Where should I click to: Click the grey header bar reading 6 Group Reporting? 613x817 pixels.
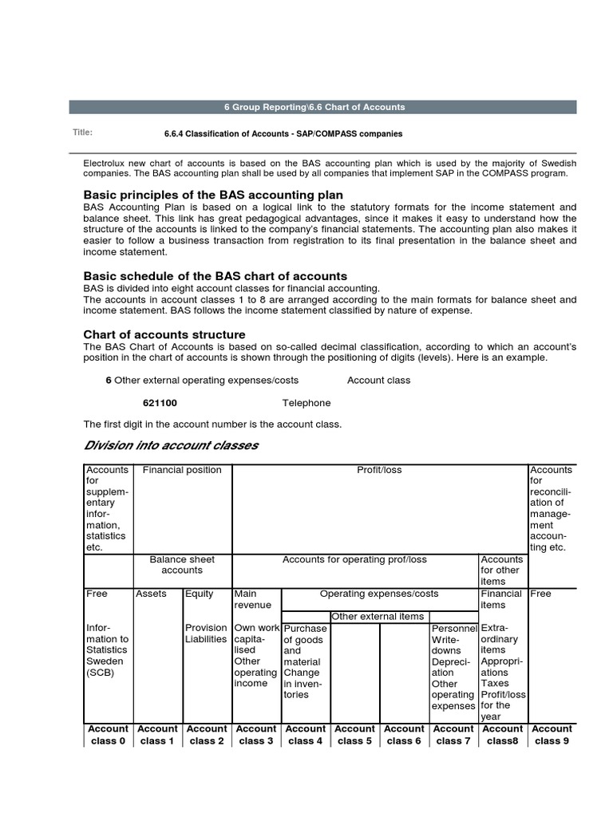coord(322,107)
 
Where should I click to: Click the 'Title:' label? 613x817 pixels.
coord(82,132)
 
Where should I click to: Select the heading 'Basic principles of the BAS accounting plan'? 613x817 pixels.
coord(213,195)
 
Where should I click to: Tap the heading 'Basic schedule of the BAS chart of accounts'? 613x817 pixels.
coord(216,276)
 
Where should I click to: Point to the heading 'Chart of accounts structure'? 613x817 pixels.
coord(164,334)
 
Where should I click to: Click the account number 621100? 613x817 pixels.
coord(160,403)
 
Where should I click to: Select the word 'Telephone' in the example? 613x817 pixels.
coord(306,403)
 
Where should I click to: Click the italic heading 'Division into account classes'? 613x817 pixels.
coord(171,445)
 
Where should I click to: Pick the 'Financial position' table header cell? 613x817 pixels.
coord(182,470)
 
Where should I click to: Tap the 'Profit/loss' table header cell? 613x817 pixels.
coord(379,470)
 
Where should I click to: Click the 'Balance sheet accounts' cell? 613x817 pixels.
coord(182,565)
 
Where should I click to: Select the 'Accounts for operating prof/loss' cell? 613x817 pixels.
coord(354,560)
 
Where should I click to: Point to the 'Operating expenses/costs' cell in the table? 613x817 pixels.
coord(379,594)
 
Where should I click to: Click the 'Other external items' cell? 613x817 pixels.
coord(378,616)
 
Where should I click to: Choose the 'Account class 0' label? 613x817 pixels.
coord(108,734)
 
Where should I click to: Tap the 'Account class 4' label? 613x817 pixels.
coord(306,734)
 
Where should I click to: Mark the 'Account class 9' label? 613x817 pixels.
coord(551,734)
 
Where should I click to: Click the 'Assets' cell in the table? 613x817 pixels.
coord(151,594)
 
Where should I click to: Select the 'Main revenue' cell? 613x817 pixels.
coord(252,599)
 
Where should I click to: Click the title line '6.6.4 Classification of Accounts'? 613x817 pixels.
coord(283,133)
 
